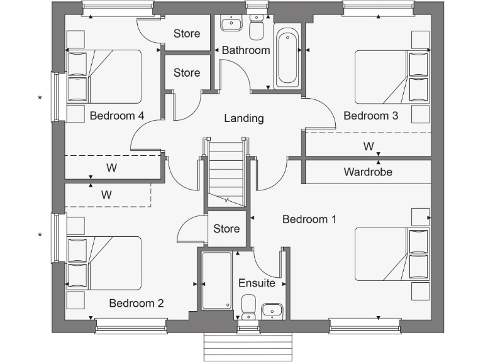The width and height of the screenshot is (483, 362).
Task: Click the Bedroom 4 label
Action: tap(117, 116)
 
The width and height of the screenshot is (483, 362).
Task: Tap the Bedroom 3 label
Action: tap(370, 116)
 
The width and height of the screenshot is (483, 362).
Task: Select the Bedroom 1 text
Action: tap(309, 219)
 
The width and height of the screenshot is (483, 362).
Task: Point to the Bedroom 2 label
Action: tap(136, 303)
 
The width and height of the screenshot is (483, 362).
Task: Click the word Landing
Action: tap(244, 118)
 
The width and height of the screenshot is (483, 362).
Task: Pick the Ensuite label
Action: tap(257, 283)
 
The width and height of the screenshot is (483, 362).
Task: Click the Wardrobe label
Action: tap(368, 172)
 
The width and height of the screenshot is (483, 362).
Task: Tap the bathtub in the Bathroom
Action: tap(287, 57)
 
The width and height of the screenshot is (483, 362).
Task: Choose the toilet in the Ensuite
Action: tap(248, 307)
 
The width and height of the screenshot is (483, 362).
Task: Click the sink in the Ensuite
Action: tap(272, 309)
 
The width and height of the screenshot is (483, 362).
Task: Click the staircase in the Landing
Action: tap(225, 172)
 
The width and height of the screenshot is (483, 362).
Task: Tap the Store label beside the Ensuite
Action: tap(226, 229)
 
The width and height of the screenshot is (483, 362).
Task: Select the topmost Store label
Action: tap(187, 34)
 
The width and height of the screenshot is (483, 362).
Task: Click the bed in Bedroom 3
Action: tap(390, 77)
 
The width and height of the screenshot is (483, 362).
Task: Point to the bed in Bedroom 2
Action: tap(104, 262)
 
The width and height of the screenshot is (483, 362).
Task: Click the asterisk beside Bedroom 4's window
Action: tap(40, 98)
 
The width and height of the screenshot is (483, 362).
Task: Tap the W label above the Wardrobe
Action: tap(369, 146)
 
